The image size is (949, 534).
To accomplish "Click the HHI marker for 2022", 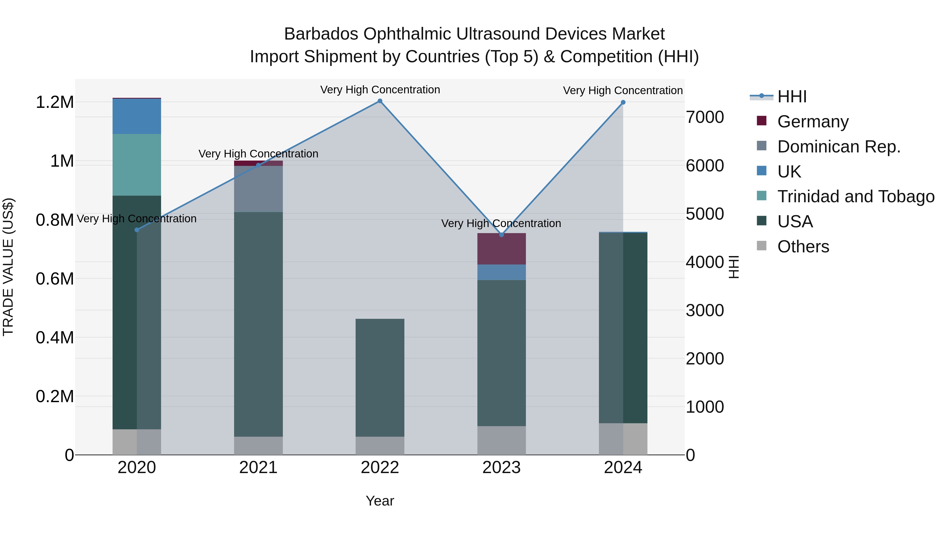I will (380, 101).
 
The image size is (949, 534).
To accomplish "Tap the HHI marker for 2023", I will (501, 235).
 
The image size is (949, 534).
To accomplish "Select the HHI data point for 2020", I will (137, 230).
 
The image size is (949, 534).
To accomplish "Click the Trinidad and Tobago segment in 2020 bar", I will (137, 165).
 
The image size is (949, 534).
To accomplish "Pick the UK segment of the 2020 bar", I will (137, 116).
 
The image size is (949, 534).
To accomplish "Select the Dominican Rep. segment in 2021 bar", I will (258, 189).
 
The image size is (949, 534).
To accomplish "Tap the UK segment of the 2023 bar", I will (501, 272).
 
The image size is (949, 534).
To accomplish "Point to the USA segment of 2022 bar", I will (380, 378).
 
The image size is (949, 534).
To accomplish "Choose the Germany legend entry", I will (813, 122).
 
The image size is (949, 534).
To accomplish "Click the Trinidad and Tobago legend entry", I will (855, 196).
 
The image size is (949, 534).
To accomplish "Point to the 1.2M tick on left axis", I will (55, 103).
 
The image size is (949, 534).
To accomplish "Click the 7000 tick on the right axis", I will (705, 118).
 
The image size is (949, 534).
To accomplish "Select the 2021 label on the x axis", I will (258, 468).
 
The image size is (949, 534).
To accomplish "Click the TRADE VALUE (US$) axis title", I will (8, 267).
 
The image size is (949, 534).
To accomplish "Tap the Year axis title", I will (380, 501).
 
